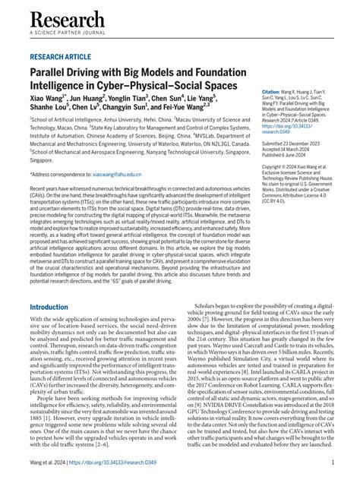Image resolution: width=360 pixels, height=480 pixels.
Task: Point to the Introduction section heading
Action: tap(59, 308)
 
